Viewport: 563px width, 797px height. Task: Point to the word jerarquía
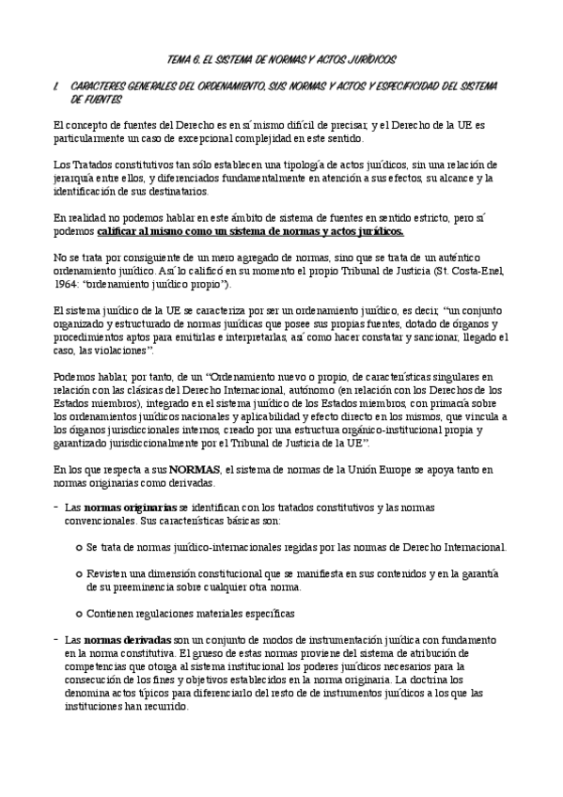(79, 178)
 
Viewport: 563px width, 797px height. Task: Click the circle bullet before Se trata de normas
(77, 547)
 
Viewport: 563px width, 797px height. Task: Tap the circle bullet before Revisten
(77, 573)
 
